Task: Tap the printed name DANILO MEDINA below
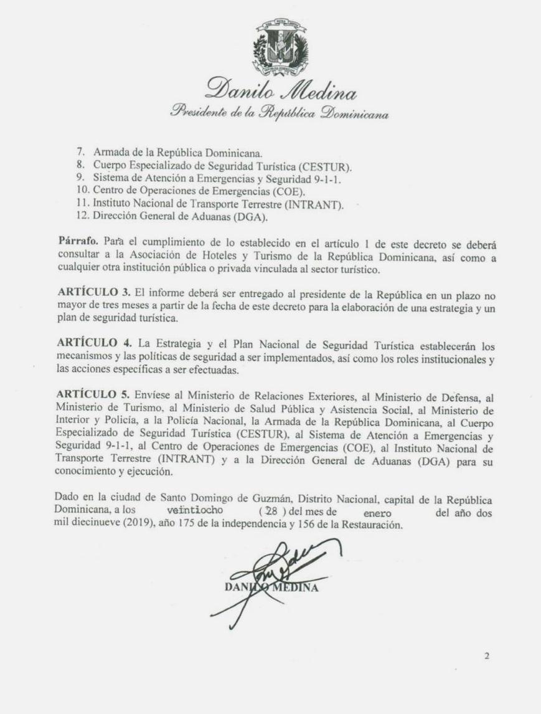pyautogui.click(x=272, y=588)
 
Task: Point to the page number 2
pyautogui.click(x=487, y=655)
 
